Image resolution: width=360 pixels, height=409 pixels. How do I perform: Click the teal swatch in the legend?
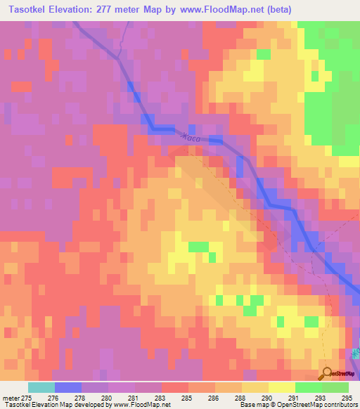[41, 387]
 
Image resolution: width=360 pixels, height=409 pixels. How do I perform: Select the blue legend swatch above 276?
[67, 387]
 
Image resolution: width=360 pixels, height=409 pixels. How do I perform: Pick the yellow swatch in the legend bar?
[281, 387]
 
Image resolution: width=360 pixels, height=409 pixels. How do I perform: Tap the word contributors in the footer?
[338, 405]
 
